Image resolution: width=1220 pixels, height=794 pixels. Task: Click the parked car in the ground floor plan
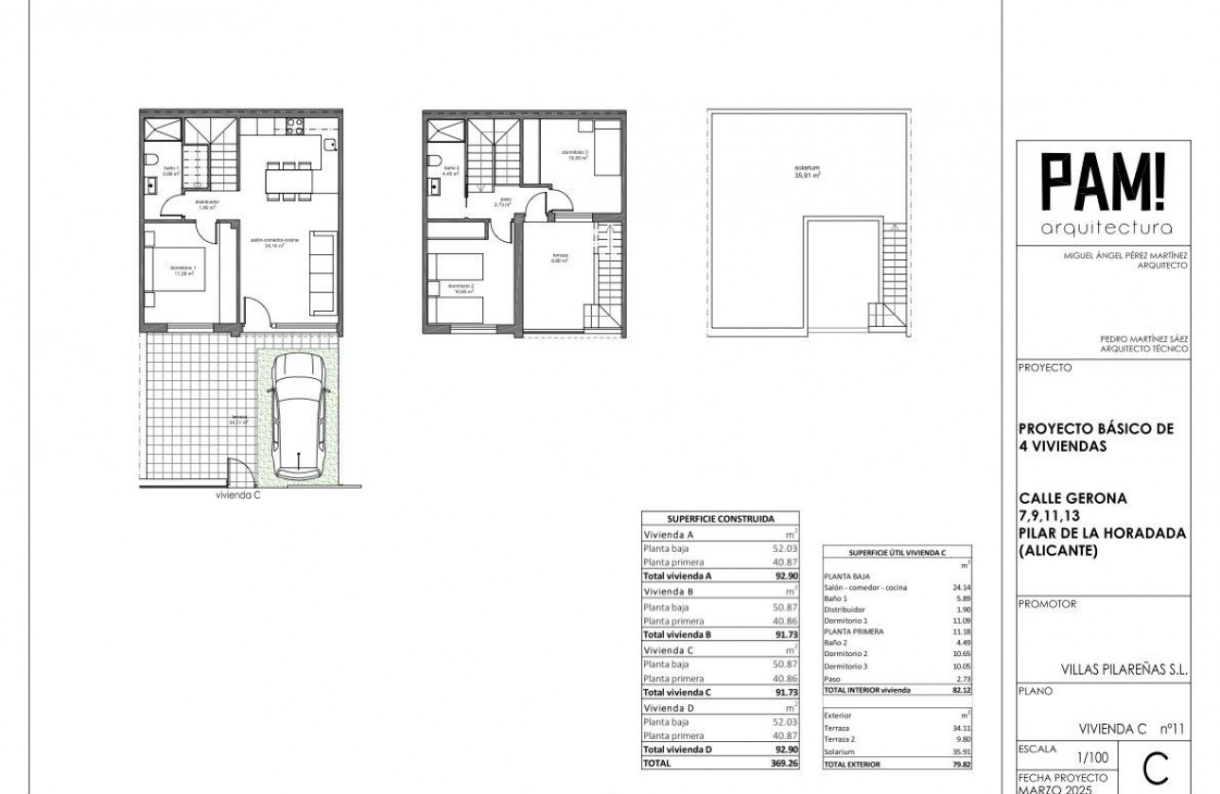298,417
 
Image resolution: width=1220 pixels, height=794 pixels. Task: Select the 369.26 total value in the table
774,762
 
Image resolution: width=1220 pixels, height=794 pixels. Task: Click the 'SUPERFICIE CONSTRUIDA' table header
721,519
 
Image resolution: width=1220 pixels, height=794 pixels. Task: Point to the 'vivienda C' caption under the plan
237,494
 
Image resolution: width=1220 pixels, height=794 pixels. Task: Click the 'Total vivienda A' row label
677,576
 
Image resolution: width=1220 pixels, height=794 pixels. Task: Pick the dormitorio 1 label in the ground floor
183,270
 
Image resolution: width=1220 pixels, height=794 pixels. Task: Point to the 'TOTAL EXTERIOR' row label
852,764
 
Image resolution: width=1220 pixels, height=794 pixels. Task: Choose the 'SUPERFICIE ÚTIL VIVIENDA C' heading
897,552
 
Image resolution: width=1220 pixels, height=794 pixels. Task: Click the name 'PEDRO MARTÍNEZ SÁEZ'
1144,338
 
